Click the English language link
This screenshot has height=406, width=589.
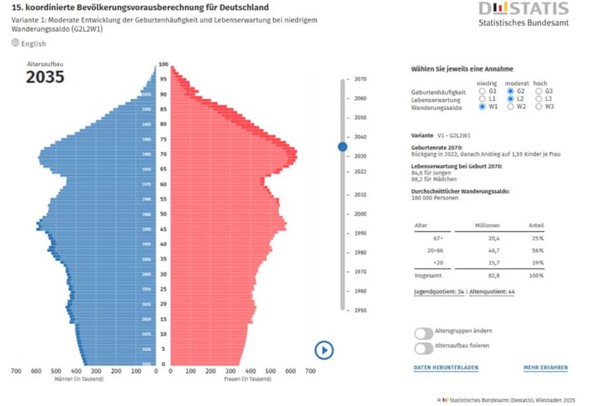coord(33,44)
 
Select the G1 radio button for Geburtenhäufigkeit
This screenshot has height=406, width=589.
coord(484,91)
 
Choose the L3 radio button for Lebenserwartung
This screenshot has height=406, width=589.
coord(539,99)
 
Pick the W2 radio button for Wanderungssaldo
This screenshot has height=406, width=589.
coord(511,106)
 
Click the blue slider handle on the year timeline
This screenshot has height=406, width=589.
coord(342,147)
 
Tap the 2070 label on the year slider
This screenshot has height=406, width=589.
coord(360,79)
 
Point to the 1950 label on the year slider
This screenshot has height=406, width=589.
coord(360,310)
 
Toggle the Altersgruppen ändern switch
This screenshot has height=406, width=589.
coord(423,333)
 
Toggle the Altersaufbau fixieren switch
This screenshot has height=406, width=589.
coord(423,347)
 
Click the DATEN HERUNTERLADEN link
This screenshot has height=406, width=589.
coord(446,368)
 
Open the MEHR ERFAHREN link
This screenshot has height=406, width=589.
coord(545,368)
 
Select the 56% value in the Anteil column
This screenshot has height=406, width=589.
coord(538,250)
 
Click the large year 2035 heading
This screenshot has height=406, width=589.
coord(45,77)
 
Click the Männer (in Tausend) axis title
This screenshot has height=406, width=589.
coord(77,379)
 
